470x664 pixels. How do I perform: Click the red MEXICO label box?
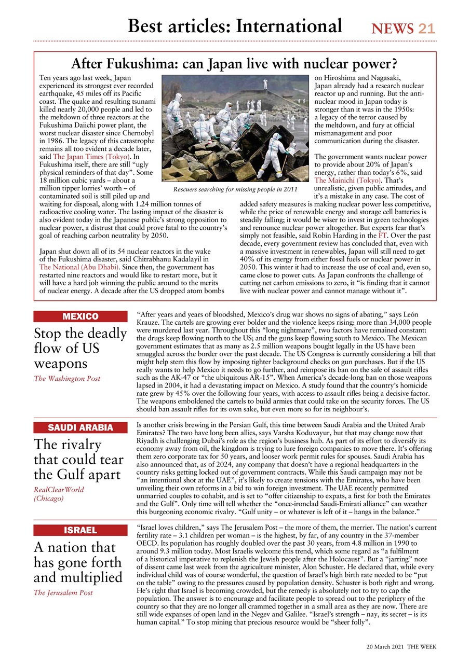(80, 316)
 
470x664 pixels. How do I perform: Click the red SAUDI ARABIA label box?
(80, 427)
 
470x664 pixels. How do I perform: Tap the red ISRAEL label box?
(80, 530)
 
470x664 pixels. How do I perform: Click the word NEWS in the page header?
(393, 29)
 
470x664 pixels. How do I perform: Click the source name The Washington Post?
(67, 379)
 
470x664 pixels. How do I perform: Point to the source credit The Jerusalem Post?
(63, 593)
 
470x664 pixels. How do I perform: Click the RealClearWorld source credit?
(59, 490)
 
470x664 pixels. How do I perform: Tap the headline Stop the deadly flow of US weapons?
(80, 348)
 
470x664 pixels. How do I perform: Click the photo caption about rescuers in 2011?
(235, 189)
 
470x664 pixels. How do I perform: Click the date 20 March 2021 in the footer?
(384, 647)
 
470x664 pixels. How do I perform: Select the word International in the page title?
(289, 25)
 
